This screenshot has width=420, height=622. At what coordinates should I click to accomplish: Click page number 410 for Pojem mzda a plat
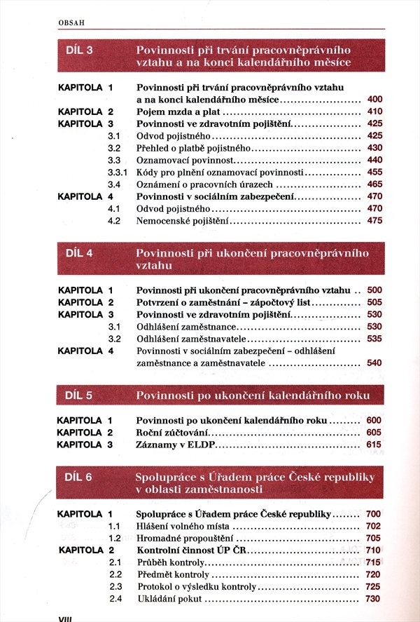[x=374, y=111]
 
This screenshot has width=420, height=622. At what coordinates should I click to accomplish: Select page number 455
[x=374, y=172]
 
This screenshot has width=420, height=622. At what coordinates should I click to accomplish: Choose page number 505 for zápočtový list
[x=374, y=302]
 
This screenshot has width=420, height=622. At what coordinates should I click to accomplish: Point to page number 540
[x=374, y=363]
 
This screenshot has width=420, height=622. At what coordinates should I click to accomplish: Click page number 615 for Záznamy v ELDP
[x=374, y=445]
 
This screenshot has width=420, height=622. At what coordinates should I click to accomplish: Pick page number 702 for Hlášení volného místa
[x=372, y=526]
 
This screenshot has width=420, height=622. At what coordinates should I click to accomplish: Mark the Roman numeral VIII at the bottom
[x=64, y=617]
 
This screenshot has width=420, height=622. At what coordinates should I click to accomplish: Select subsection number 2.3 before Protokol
[x=115, y=587]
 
